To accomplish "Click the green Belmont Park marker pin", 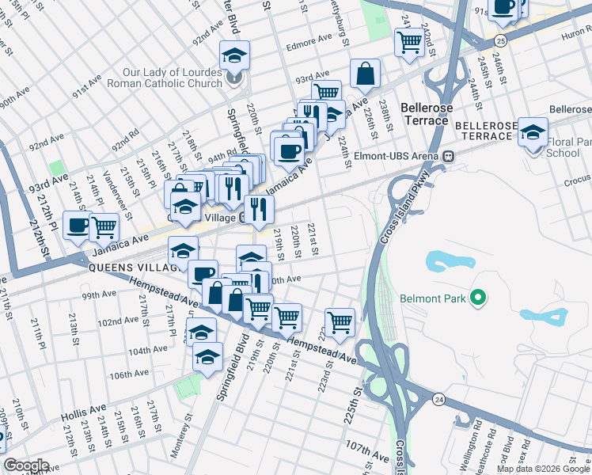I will coord(477,298).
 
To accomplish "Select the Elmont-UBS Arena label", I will coord(398,156).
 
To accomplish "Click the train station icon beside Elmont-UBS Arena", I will coord(448,156).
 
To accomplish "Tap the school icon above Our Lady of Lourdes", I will coord(234,55).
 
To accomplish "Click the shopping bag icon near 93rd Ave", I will coord(366,74).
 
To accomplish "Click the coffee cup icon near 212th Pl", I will coord(78,226).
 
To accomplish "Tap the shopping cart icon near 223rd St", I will coord(340,321).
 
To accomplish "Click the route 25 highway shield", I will coord(499,40).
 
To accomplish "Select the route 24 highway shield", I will coord(438,400).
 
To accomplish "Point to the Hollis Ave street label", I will coord(87,409).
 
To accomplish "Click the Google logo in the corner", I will coord(26,465).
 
